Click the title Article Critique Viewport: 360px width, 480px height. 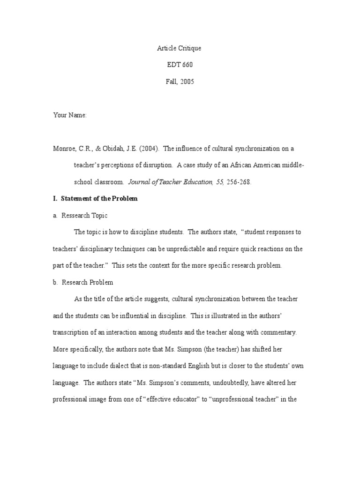180,48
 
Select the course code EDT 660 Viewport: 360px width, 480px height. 180,65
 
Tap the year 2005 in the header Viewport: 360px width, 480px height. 187,82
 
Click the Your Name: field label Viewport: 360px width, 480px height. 70,115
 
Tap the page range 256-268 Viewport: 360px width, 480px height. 239,182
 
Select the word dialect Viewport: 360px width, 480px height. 128,366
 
